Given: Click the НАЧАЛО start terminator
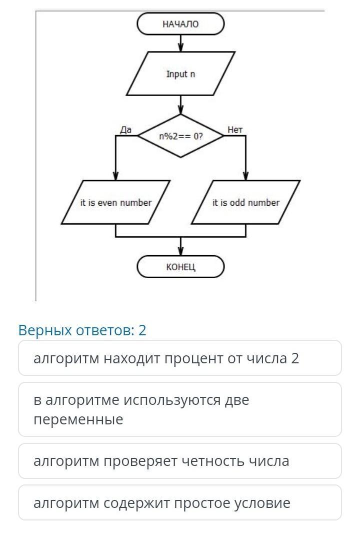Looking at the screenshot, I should pos(180,24).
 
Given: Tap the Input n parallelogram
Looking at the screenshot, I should pos(180,74).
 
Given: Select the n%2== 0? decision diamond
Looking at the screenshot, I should pos(180,136).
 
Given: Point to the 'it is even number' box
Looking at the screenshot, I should pos(115,203).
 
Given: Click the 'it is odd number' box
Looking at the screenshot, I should pos(245,203).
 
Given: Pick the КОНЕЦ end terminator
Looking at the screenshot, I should pos(180,267).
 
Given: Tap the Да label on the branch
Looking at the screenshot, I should pos(126,130).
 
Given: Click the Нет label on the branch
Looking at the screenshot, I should pos(235,130).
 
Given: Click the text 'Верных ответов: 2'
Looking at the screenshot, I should pos(82,330).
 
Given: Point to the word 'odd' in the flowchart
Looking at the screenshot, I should pos(237,203).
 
